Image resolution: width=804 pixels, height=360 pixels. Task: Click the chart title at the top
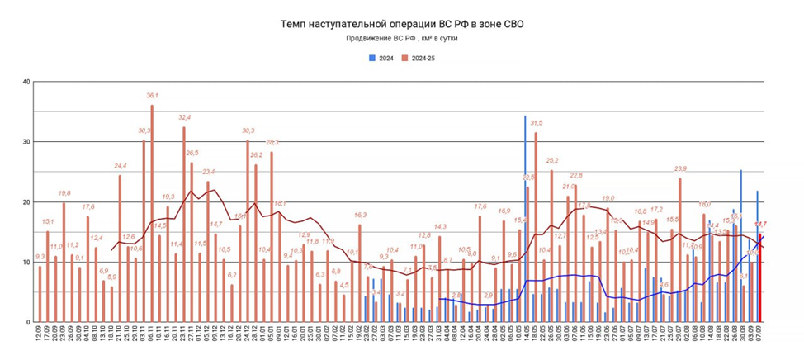tap(401, 24)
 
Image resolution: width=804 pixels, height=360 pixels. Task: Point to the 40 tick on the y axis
tap(26, 82)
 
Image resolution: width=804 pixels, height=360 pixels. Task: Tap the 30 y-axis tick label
tap(26, 142)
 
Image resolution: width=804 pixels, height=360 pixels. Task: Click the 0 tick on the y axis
tap(28, 322)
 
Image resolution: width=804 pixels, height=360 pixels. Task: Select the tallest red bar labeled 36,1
tap(152, 213)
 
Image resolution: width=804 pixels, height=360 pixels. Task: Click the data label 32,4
tap(183, 117)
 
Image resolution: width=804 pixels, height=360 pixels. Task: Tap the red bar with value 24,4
tap(120, 248)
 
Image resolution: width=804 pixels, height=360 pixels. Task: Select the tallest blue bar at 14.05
tap(525, 219)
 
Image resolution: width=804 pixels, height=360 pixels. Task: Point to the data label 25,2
tap(551, 160)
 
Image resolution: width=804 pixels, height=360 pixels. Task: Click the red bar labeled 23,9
tap(680, 249)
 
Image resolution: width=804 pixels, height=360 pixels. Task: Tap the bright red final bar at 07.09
tap(760, 277)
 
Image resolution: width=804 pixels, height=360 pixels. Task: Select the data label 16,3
tap(360, 215)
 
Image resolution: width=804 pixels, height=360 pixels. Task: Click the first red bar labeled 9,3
tap(40, 293)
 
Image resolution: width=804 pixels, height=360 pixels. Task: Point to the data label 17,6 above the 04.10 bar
tap(87, 206)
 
